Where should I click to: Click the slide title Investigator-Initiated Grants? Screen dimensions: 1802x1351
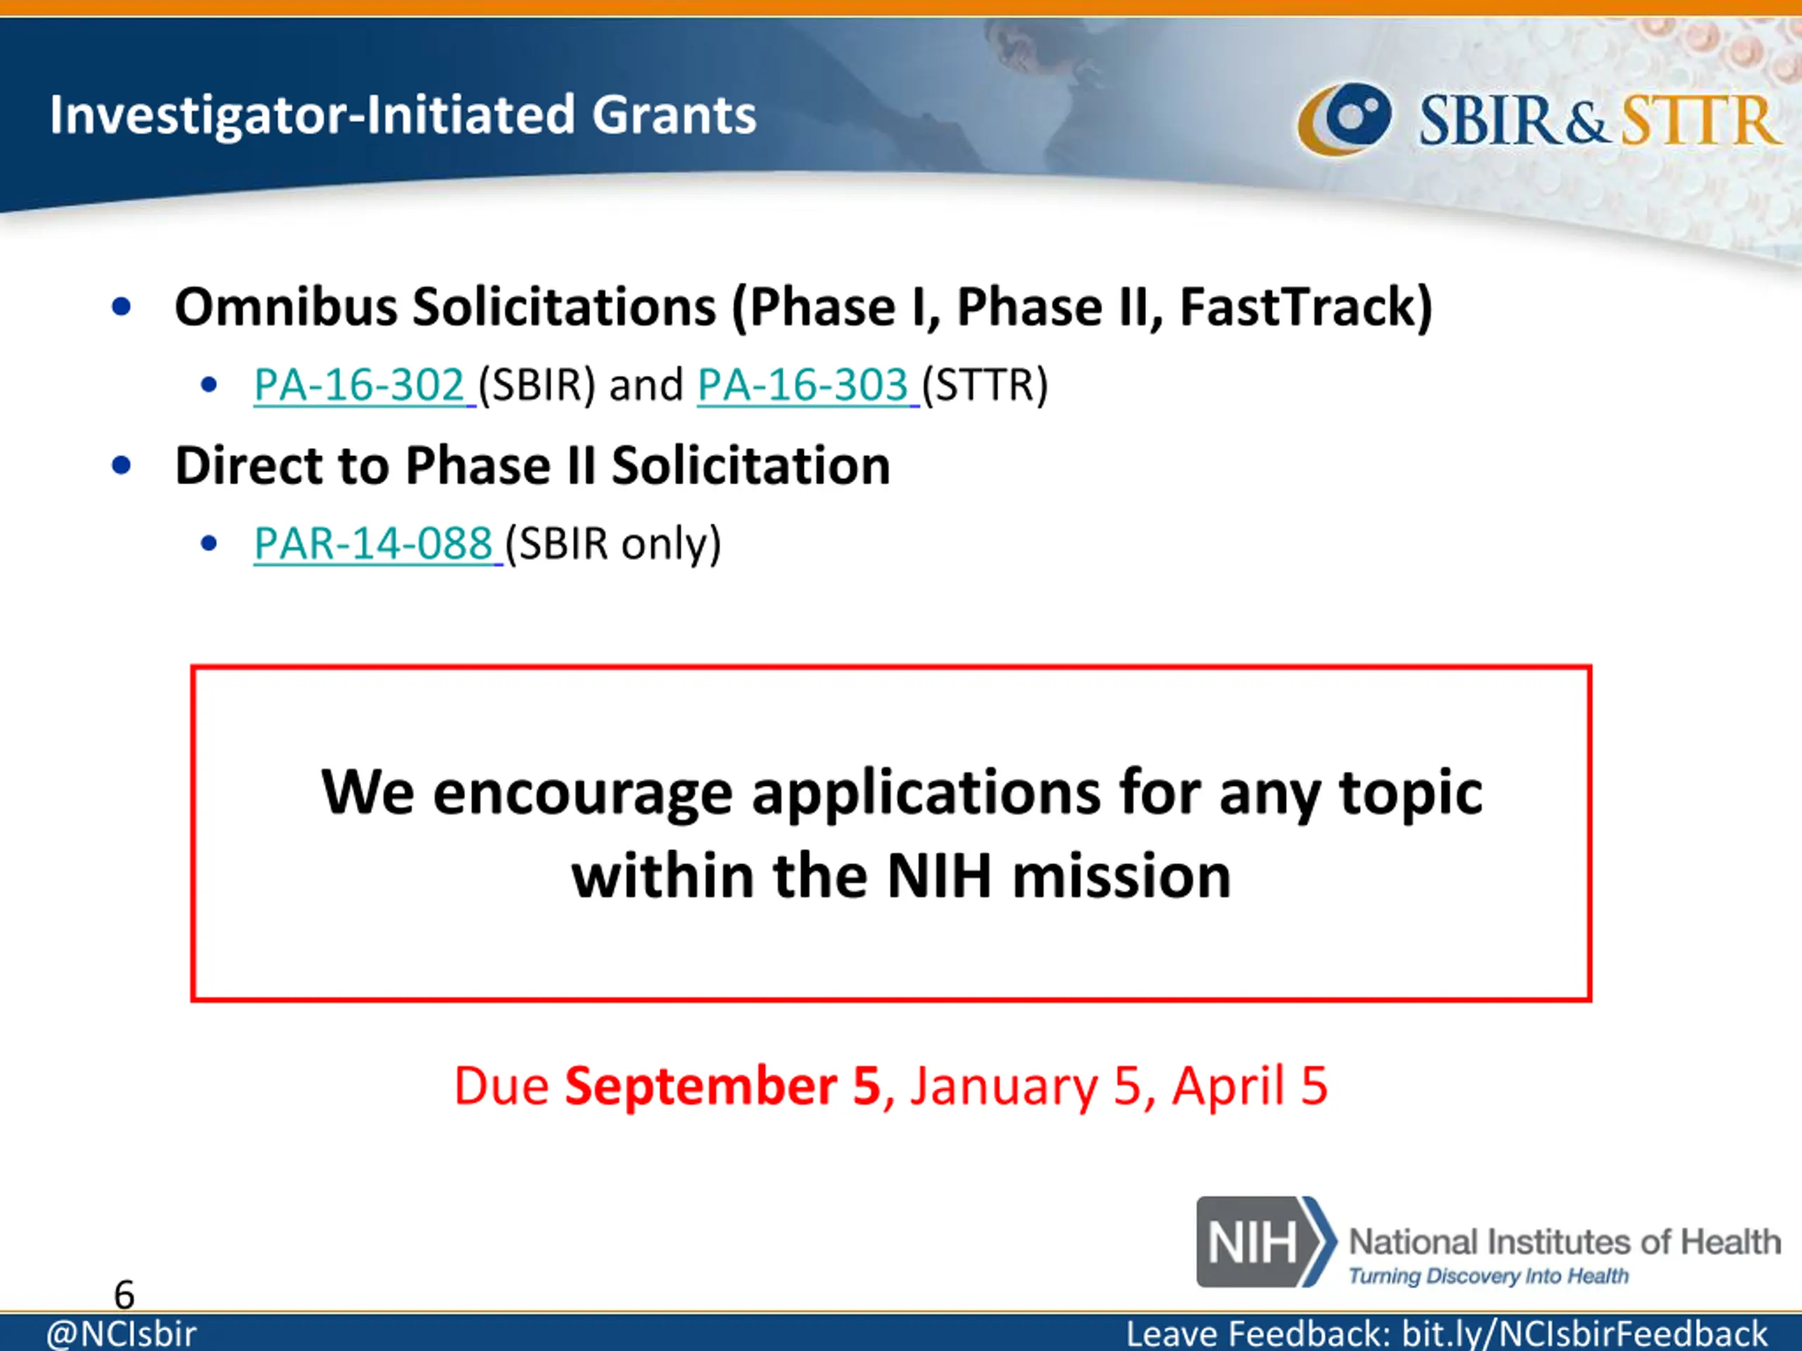(403, 114)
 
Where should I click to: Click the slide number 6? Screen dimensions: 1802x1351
(124, 1294)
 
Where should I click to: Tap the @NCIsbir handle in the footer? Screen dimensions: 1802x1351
(121, 1334)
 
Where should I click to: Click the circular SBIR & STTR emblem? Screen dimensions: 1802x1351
(1344, 119)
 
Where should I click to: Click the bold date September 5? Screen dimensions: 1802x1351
(724, 1086)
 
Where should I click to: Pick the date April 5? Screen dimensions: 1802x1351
(1249, 1087)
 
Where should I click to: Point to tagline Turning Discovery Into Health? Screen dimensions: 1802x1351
(1488, 1275)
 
